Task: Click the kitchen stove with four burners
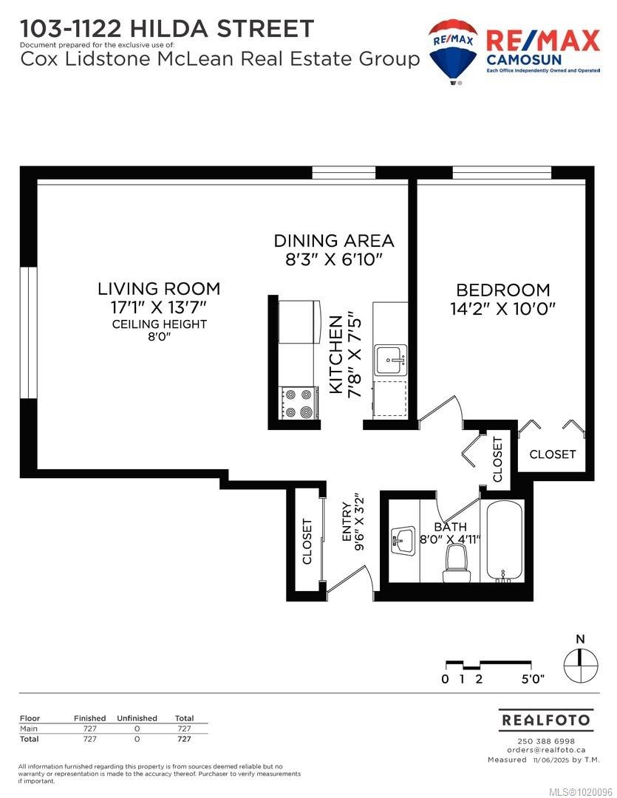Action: pos(299,403)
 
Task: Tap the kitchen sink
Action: pos(389,360)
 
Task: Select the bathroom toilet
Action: pos(455,565)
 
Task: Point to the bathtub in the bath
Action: pos(505,540)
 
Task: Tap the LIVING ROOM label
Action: pos(159,289)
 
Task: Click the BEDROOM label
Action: pos(502,290)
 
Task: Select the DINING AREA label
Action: pos(333,241)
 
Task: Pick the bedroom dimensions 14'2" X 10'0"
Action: pos(502,309)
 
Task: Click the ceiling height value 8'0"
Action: pos(159,338)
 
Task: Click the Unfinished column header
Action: pos(137,718)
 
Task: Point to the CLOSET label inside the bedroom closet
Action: pos(552,454)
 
